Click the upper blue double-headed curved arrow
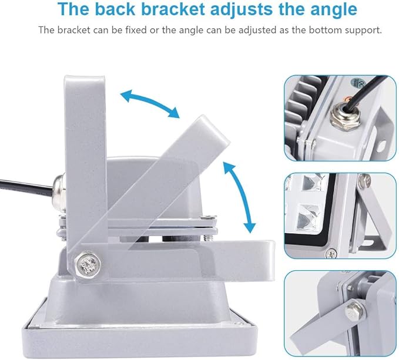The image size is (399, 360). pyautogui.click(x=150, y=103)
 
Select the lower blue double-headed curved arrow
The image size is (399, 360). pyautogui.click(x=240, y=197)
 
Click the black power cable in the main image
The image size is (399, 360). pyautogui.click(x=26, y=186)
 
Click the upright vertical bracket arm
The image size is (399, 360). pyautogui.click(x=86, y=165)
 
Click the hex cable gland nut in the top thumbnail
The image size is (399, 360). pyautogui.click(x=343, y=117)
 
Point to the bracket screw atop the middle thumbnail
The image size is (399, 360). pyautogui.click(x=365, y=180)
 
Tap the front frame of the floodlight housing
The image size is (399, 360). pyautogui.click(x=139, y=334)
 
